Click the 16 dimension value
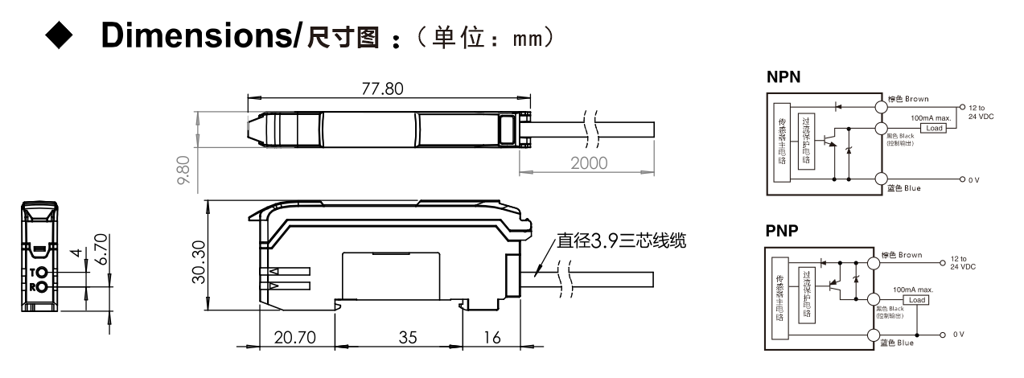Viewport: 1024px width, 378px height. coord(491,338)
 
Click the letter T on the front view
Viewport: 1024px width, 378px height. coord(33,273)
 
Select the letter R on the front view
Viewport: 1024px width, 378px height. coord(33,286)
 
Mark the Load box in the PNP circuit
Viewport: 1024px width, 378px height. coord(919,300)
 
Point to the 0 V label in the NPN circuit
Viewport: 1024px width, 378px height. coord(976,180)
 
